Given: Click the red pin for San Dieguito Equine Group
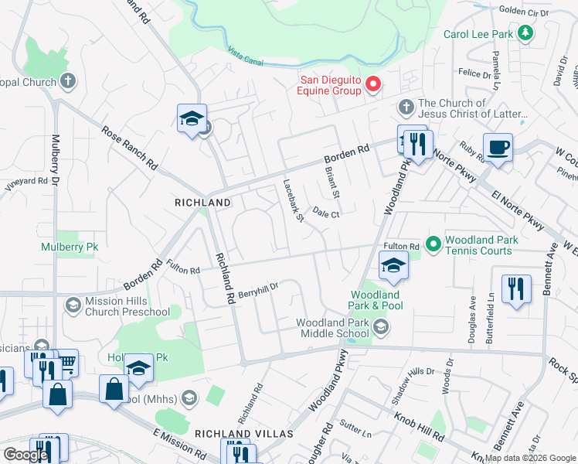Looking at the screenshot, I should (372, 84).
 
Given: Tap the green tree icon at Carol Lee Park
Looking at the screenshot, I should (525, 33).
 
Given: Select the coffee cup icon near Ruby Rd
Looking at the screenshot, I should (498, 147).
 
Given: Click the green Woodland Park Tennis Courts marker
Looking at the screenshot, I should (433, 244).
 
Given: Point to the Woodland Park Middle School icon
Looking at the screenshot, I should (380, 328).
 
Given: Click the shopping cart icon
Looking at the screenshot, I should (67, 360).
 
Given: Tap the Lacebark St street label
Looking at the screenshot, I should (293, 201).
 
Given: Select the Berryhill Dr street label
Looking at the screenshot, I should (258, 289).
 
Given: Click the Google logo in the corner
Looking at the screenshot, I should (25, 455).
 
